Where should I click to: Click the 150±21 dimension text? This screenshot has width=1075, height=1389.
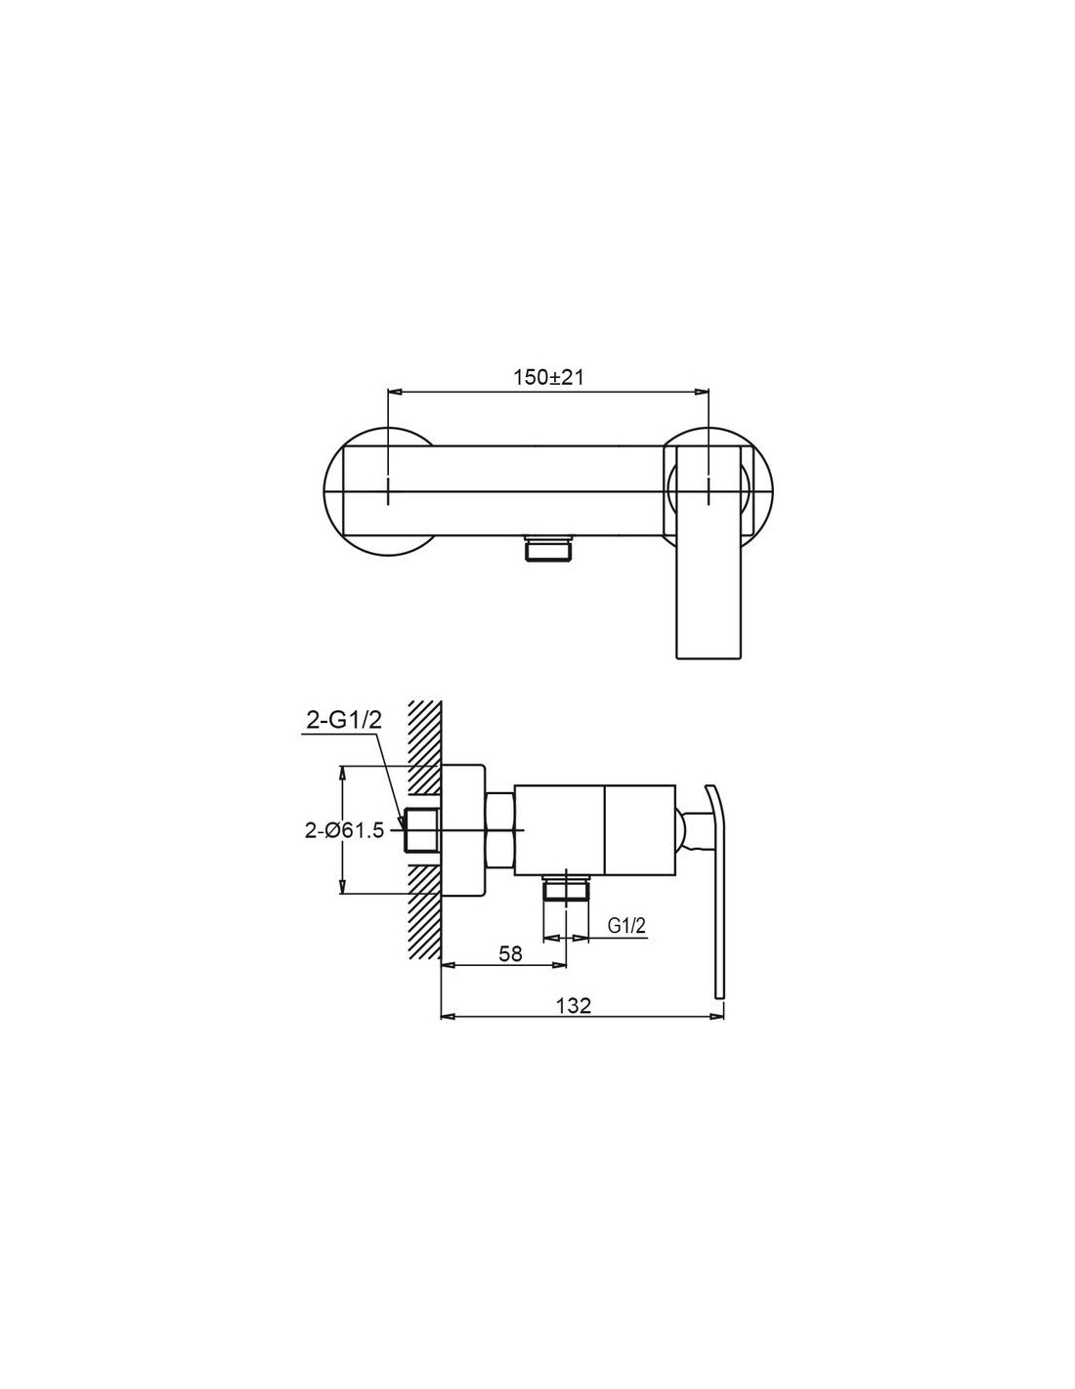click(x=548, y=378)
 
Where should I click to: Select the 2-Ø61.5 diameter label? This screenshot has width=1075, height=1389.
click(x=344, y=831)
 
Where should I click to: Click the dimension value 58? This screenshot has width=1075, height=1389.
click(x=510, y=972)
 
